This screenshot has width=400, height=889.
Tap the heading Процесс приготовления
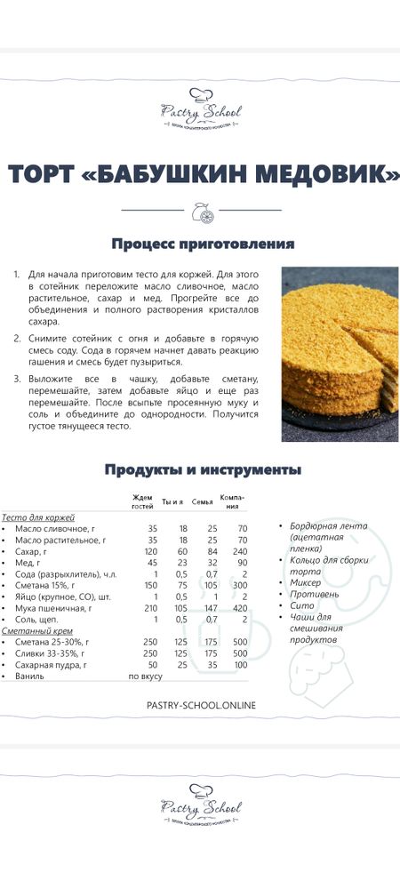point(203,244)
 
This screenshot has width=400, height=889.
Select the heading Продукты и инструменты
point(203,469)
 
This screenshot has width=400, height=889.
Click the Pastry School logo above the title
point(201,109)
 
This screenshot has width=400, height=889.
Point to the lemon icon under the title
point(201,211)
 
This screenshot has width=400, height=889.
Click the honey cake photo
point(340,354)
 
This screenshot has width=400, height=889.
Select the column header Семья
point(203,502)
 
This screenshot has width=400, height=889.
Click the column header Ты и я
point(172,502)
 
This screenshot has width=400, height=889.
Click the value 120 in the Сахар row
point(149,551)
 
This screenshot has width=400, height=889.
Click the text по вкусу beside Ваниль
point(146,677)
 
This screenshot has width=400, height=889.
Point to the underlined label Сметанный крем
point(31,630)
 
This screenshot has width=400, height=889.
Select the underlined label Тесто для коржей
point(37,517)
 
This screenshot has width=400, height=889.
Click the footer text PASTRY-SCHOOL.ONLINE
point(200,705)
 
